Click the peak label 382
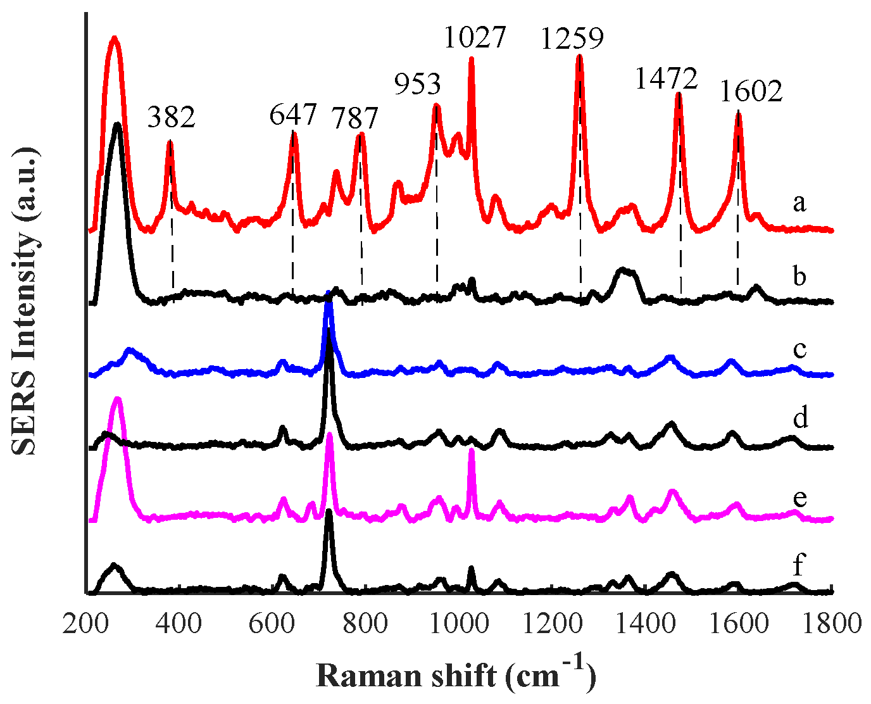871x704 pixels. coord(172,118)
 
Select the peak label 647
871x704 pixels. coord(292,115)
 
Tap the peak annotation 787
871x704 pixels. coord(355,118)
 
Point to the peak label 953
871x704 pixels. coord(417,84)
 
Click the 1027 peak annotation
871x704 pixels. coord(475,37)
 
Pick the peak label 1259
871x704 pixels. coord(572,39)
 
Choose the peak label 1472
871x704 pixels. coord(666,79)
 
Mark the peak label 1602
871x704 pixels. coord(751,91)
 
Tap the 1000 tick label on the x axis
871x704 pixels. coord(458,624)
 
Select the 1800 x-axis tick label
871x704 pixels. coord(830,624)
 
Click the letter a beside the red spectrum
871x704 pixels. coord(799,203)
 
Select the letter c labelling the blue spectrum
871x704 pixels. coord(799,349)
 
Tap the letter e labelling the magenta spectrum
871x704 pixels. coord(799,498)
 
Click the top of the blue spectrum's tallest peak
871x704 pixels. coord(329,294)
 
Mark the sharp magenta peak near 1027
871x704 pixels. coord(471,450)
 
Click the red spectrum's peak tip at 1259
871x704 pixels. coord(579,56)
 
